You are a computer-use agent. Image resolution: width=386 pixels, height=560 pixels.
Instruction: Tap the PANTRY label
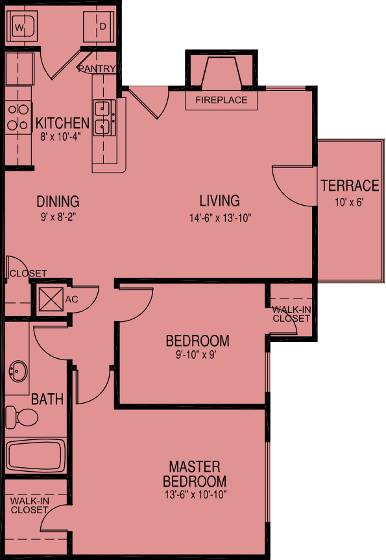(97, 69)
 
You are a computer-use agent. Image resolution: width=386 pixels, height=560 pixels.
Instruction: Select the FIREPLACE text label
(221, 101)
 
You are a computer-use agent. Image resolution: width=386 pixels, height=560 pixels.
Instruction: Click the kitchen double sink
(103, 117)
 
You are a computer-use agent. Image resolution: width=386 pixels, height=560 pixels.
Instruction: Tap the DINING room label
(58, 201)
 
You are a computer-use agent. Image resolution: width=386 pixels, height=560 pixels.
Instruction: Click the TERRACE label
(350, 186)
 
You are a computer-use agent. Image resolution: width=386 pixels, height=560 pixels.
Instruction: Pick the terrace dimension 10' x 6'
(349, 202)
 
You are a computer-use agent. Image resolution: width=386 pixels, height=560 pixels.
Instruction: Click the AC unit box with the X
(49, 299)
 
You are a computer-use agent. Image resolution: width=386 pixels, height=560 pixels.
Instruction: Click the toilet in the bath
(21, 417)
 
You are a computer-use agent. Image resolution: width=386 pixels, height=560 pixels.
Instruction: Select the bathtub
(35, 457)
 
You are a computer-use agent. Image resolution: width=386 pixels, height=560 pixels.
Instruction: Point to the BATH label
(47, 399)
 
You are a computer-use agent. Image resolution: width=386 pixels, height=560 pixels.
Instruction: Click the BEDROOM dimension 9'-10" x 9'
(197, 356)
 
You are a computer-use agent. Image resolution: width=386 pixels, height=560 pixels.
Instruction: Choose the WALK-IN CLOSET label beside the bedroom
(291, 314)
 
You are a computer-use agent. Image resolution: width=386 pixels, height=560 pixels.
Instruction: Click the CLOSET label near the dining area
(28, 273)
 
